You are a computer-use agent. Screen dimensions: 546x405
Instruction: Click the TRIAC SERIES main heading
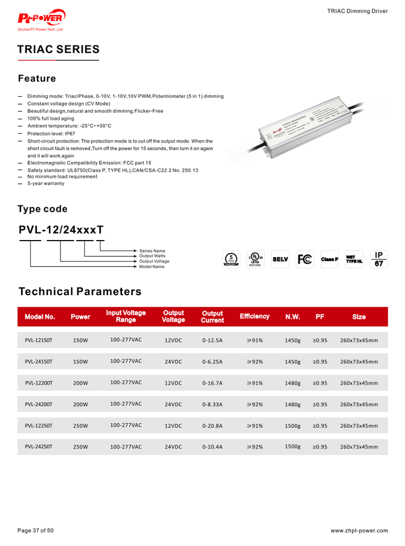pyautogui.click(x=58, y=49)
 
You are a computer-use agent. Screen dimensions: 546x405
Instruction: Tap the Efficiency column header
pyautogui.click(x=254, y=316)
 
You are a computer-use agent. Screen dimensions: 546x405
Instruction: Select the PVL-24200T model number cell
pyautogui.click(x=39, y=404)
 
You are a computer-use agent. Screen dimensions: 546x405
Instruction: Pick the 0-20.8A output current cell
pyautogui.click(x=212, y=425)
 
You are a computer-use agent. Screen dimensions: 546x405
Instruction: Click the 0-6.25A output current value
pyautogui.click(x=212, y=361)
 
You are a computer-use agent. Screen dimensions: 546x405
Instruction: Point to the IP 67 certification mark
pyautogui.click(x=379, y=259)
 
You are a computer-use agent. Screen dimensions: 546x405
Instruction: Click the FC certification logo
pyautogui.click(x=305, y=259)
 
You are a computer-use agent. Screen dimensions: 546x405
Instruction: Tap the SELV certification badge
pyautogui.click(x=280, y=259)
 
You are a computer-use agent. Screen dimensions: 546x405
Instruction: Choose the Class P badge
pyautogui.click(x=329, y=259)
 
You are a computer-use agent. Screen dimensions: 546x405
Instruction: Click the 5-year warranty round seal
pyautogui.click(x=231, y=259)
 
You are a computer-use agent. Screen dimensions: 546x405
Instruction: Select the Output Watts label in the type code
pyautogui.click(x=152, y=256)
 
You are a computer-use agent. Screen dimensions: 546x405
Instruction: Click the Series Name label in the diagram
pyautogui.click(x=152, y=250)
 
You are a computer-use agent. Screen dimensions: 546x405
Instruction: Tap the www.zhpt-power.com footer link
pyautogui.click(x=359, y=531)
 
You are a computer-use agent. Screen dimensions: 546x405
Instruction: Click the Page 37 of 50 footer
pyautogui.click(x=35, y=531)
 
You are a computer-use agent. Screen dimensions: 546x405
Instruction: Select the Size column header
pyautogui.click(x=359, y=317)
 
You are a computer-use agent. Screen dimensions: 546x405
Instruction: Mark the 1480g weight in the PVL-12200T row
pyautogui.click(x=292, y=383)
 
